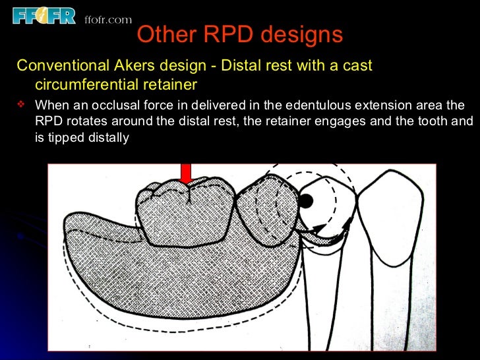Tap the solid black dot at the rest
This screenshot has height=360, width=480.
coord(307,200)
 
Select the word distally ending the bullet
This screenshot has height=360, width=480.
coord(107,138)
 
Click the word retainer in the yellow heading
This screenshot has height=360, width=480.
coord(174,84)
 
